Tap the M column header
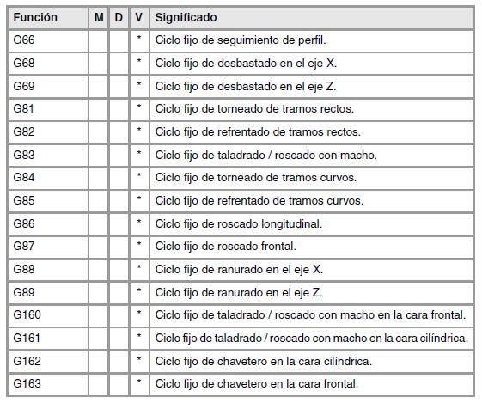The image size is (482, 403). [x=98, y=18]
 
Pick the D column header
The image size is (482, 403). [x=119, y=18]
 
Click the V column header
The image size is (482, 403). [x=139, y=18]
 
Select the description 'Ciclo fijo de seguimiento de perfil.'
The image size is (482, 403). [x=241, y=40]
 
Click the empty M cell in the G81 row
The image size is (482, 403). [x=98, y=109]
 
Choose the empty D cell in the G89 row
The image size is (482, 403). [x=119, y=292]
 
